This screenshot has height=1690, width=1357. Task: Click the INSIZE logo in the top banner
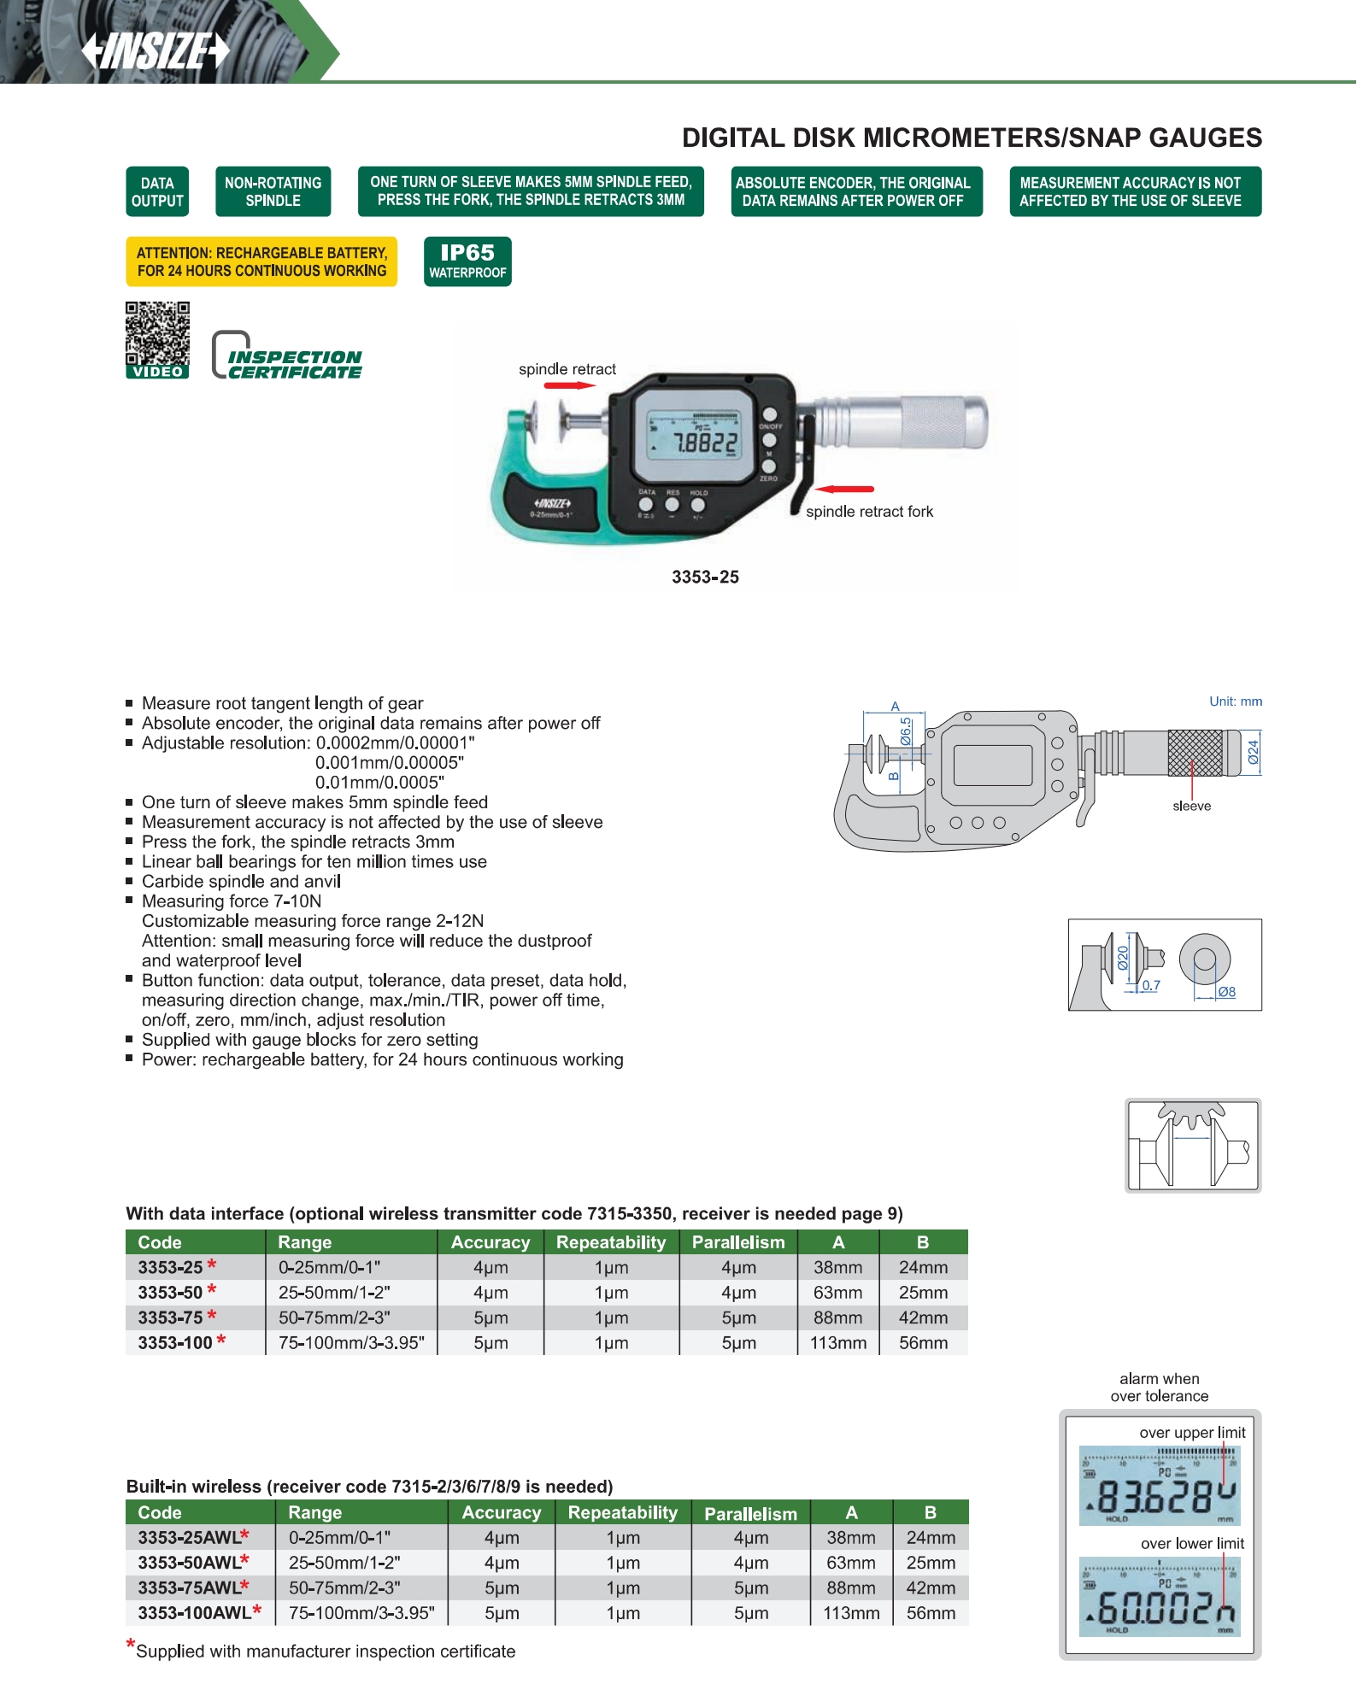point(156,50)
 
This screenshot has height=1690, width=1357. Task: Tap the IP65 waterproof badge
point(467,261)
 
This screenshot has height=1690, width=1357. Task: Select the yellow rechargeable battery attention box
point(261,261)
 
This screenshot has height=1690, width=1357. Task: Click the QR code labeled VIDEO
point(157,339)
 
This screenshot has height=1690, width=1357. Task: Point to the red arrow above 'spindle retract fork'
point(844,490)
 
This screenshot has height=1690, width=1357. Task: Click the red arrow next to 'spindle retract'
point(569,385)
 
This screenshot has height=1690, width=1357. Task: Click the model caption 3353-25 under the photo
point(705,577)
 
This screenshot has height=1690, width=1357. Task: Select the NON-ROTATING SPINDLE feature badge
point(273,191)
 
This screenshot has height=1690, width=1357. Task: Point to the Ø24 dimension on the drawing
point(1253,752)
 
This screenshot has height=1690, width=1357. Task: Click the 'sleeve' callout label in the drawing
point(1191,806)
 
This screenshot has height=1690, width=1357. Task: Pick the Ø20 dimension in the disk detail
point(1123,958)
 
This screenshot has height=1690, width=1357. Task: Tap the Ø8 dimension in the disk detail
point(1226,992)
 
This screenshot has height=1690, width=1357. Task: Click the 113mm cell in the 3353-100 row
point(837,1342)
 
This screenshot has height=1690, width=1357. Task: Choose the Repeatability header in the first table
point(611,1242)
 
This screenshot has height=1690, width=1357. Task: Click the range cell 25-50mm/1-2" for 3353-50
point(334,1293)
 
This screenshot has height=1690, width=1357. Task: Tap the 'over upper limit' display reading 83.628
point(1160,1486)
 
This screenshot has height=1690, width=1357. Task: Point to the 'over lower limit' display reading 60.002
point(1160,1597)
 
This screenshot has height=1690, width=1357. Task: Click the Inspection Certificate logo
point(287,356)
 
